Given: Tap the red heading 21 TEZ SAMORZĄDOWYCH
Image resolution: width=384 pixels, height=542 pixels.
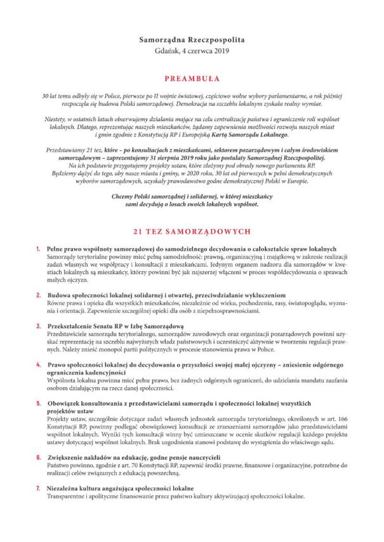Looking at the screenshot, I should (192, 232).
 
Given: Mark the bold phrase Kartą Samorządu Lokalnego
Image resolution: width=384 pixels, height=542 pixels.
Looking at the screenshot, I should (253, 135).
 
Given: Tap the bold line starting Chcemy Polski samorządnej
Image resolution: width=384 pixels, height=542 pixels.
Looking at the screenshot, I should (192, 197).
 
